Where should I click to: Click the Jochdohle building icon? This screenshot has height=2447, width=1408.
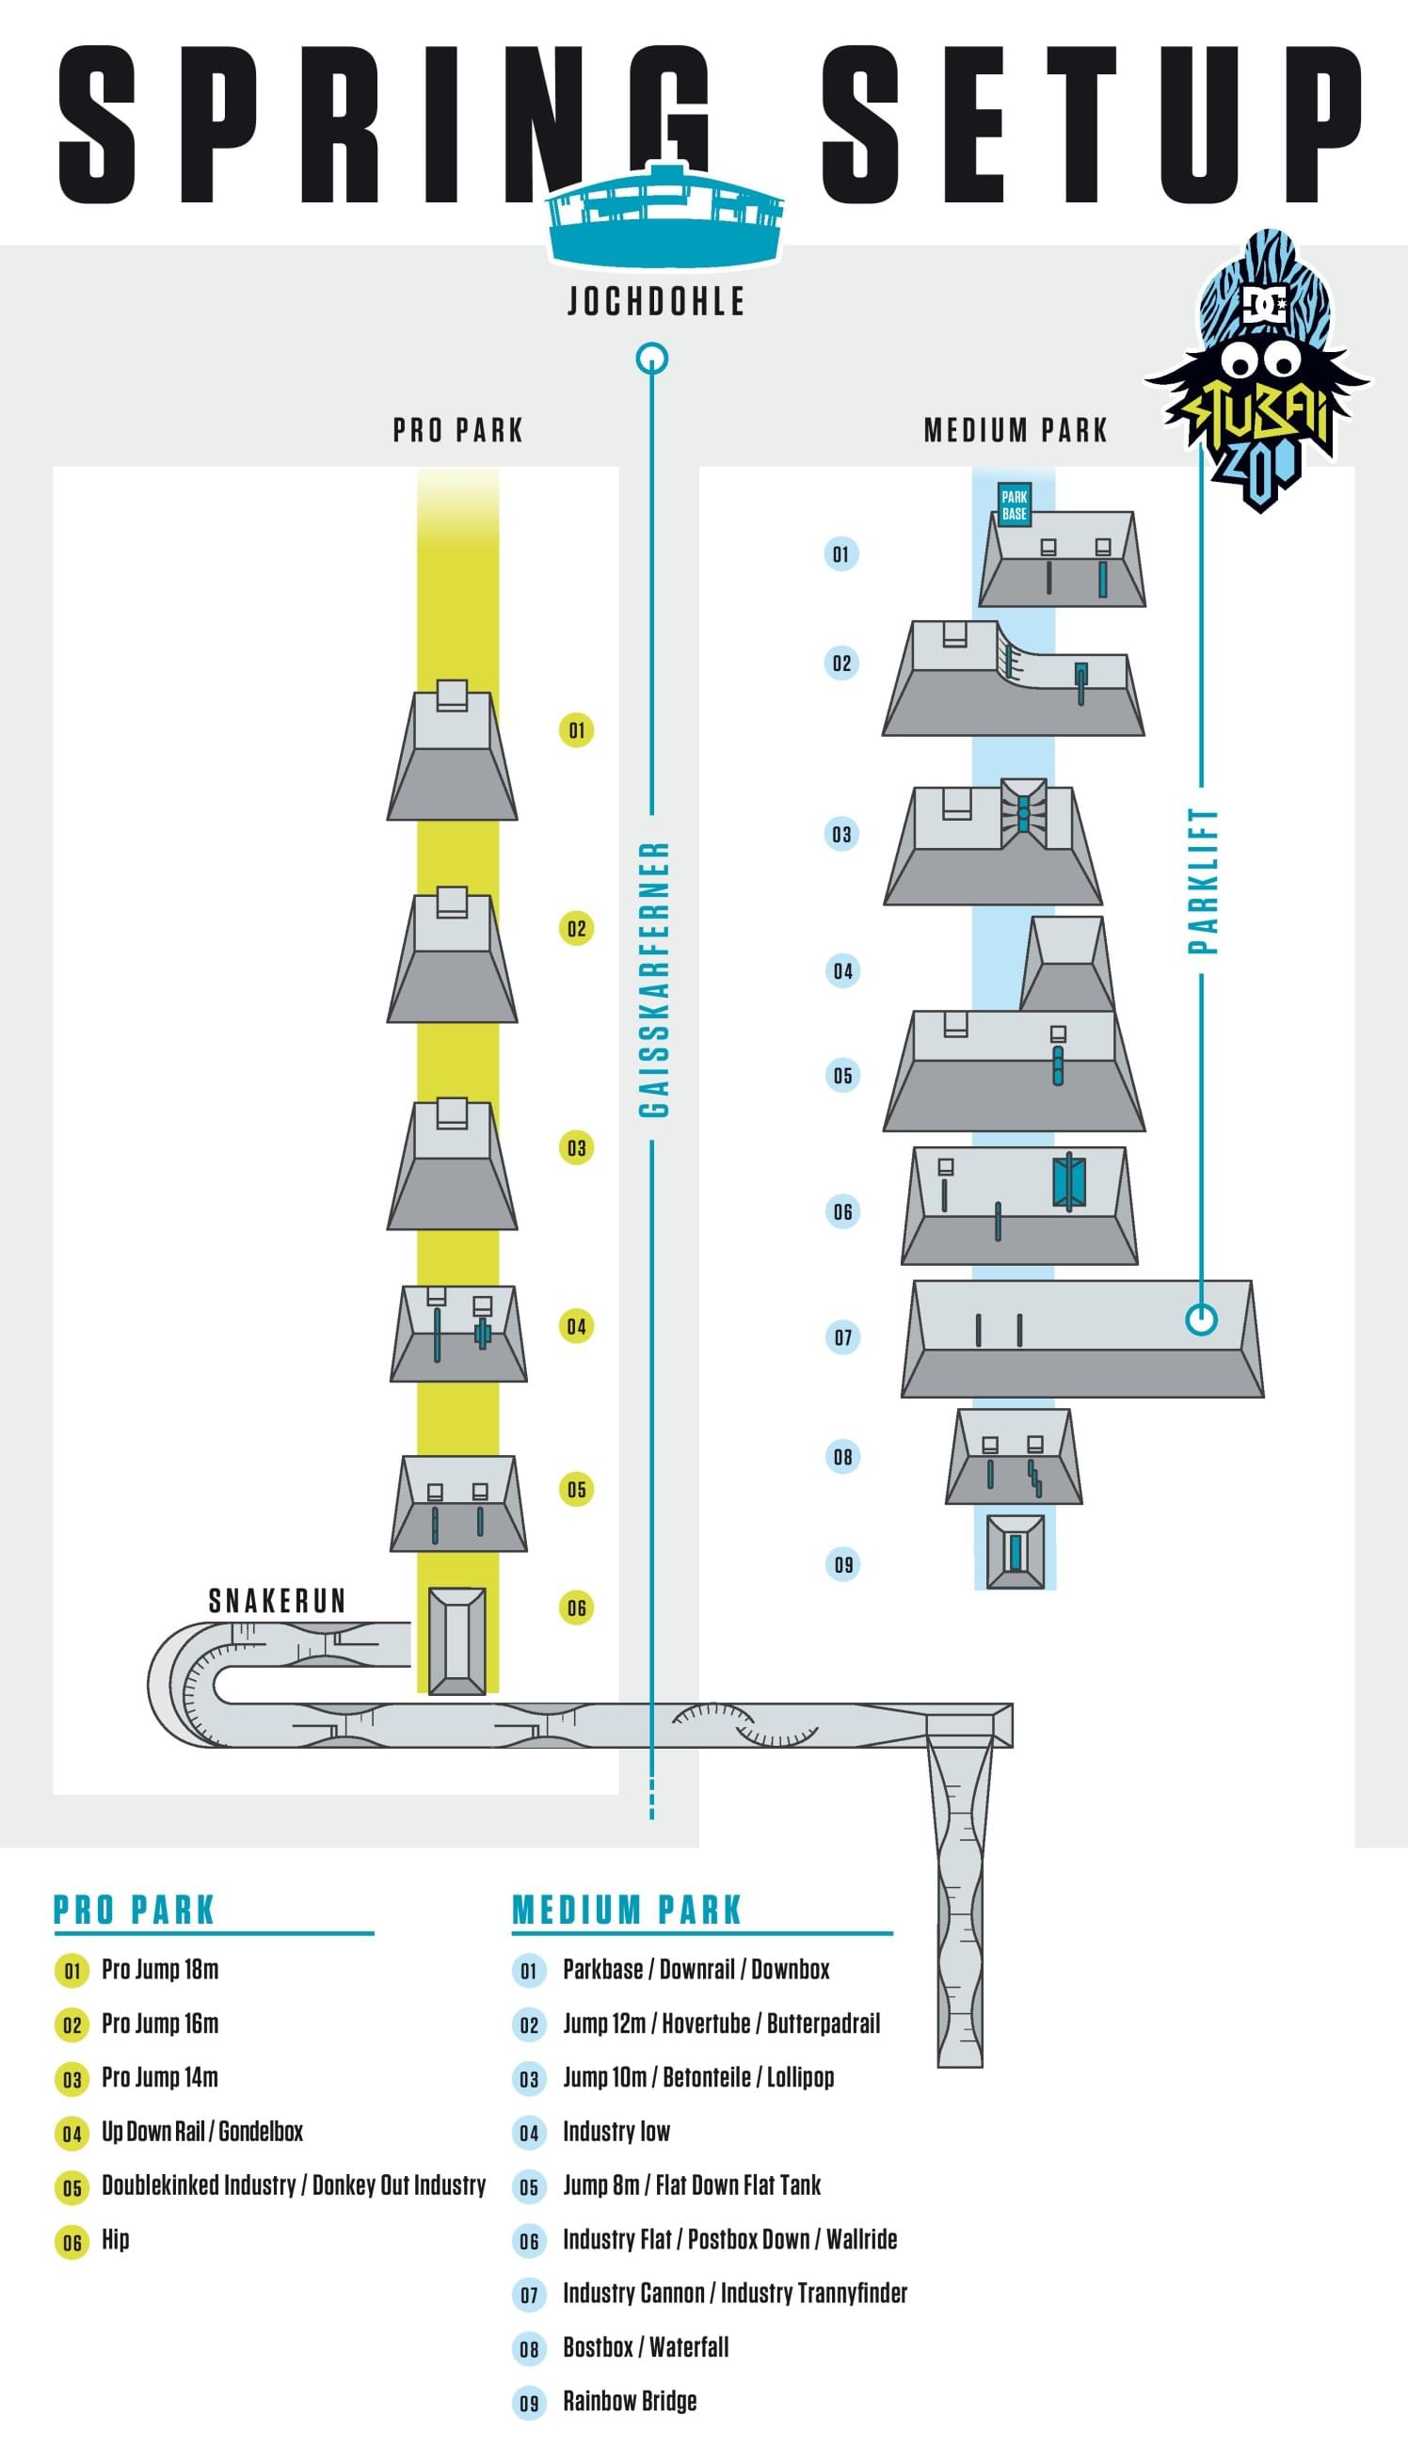tap(664, 219)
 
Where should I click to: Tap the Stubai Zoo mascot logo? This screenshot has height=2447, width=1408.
tap(1258, 372)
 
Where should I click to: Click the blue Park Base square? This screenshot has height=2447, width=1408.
tap(1014, 504)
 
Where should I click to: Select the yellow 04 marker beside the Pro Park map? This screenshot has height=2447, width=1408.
tap(576, 1326)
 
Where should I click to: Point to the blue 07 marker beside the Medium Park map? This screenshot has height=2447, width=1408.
tap(842, 1337)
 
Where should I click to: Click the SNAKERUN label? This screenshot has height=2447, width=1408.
tap(278, 1601)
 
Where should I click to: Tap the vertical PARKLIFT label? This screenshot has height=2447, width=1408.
tap(1202, 880)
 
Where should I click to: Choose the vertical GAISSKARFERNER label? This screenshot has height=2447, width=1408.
tap(654, 979)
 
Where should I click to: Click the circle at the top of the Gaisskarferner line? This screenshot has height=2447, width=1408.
tap(653, 359)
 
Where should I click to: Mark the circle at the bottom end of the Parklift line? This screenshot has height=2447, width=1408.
tap(1201, 1319)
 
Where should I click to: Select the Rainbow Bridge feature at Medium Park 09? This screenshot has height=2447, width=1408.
tap(1016, 1552)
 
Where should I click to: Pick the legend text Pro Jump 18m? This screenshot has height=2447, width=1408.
tap(161, 1970)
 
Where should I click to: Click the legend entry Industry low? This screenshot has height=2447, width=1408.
tap(616, 2131)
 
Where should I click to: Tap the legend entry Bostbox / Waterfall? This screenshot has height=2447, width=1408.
tap(645, 2346)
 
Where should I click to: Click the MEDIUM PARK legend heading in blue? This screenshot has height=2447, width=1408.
tap(627, 1911)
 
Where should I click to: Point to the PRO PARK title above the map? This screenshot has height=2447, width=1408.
tap(457, 430)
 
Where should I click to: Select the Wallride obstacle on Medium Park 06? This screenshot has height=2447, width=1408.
tap(1068, 1180)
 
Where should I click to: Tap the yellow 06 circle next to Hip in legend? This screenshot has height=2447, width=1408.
tap(72, 2241)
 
